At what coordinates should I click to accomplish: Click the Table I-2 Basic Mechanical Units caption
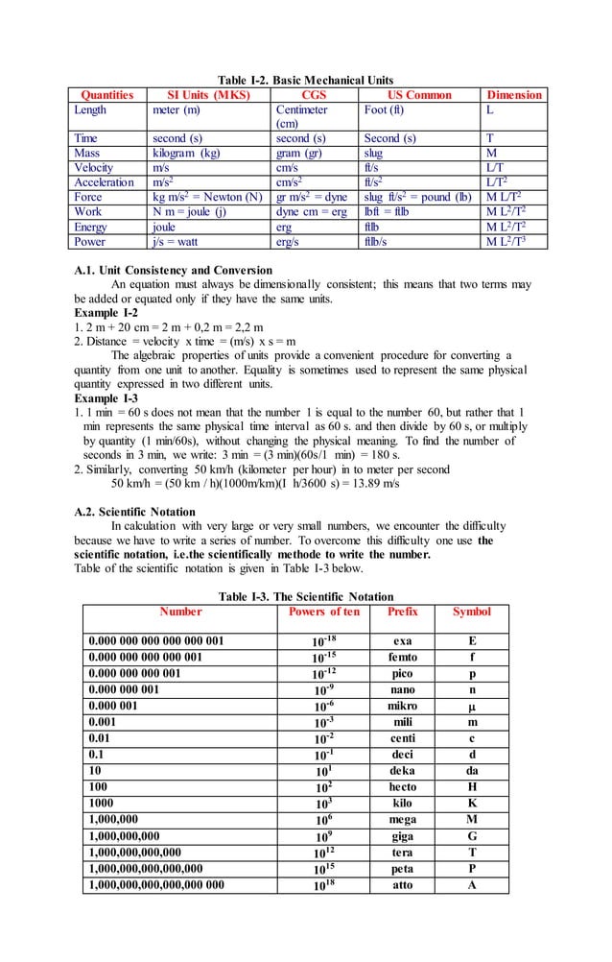click(x=305, y=80)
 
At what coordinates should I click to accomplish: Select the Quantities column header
click(x=107, y=95)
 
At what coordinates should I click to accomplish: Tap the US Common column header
click(x=419, y=95)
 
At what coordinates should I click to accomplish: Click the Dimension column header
click(x=514, y=95)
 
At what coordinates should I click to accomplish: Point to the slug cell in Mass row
click(x=374, y=153)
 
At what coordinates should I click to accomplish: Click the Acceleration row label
click(x=105, y=182)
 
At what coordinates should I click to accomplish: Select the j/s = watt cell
click(x=176, y=242)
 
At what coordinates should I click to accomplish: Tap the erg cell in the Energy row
click(x=284, y=228)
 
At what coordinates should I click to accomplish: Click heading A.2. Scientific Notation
click(x=134, y=512)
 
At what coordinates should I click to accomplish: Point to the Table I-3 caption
click(x=305, y=596)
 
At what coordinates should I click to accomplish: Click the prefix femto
click(x=403, y=658)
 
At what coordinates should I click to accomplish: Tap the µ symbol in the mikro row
click(x=472, y=707)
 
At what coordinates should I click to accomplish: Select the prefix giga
click(x=403, y=836)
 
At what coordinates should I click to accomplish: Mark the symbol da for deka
click(x=472, y=771)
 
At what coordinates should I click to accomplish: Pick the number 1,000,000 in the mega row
click(x=117, y=820)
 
